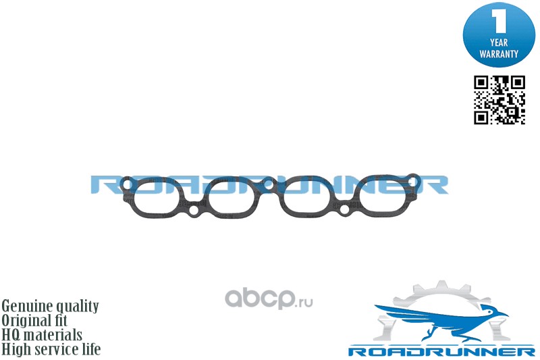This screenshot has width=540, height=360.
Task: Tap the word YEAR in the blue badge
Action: [500, 42]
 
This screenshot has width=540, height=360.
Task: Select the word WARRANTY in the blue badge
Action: [500, 53]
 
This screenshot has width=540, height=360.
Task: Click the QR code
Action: [500, 100]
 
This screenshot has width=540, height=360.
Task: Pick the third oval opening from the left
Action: [307, 198]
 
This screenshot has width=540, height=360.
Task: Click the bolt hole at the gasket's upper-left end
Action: [126, 183]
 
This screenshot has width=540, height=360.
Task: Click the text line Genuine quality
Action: [51, 306]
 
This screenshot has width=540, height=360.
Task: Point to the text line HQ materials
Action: [42, 334]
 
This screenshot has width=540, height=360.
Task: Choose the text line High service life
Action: [51, 349]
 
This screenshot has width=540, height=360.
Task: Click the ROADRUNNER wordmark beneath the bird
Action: [441, 351]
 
